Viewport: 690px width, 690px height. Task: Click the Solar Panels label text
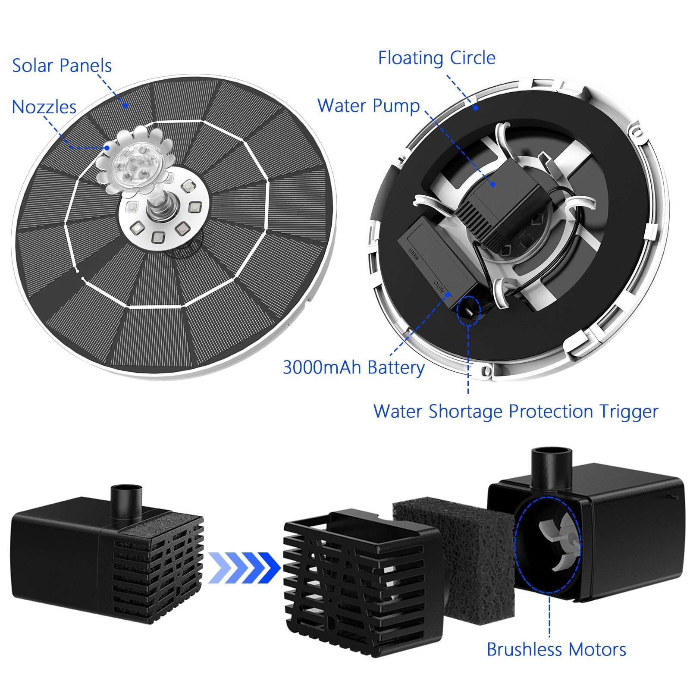[62, 66]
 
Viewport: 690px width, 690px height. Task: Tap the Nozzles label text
[44, 107]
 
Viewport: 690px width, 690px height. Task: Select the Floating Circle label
[436, 58]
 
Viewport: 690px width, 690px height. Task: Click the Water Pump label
[368, 106]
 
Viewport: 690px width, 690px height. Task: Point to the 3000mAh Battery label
[354, 367]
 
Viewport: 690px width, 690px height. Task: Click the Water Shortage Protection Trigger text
[515, 411]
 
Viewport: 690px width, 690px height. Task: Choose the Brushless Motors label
[556, 649]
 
